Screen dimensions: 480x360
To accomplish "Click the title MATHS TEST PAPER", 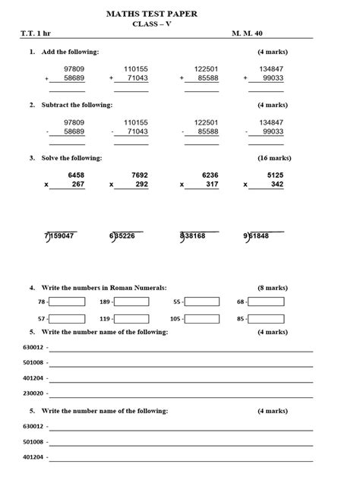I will click(180, 11).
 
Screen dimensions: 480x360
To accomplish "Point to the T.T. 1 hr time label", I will click(35, 35).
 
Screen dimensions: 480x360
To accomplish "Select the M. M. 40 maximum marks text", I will click(251, 35).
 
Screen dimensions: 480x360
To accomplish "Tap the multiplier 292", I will click(141, 185).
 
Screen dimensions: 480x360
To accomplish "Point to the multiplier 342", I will click(276, 185).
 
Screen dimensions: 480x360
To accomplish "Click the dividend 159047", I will click(62, 236).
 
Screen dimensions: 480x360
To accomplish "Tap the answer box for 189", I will click(131, 302).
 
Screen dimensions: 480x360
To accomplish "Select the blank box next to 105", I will click(202, 319).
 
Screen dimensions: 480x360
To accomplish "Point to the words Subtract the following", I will click(76, 105).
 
